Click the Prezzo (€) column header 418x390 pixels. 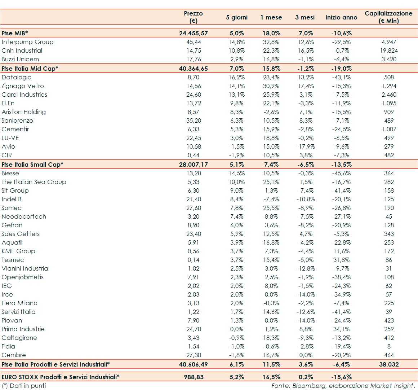tap(193, 17)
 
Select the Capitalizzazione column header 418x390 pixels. tap(388, 17)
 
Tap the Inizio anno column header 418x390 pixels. tap(341, 17)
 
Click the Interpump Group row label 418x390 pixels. tap(27, 42)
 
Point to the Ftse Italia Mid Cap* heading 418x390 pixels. tap(30, 69)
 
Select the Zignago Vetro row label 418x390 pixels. tap(23, 86)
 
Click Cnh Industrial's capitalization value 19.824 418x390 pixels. tap(389, 51)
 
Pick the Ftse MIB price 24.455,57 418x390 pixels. tap(193, 33)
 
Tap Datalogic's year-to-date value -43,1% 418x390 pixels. tap(341, 77)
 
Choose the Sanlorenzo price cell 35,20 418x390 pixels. tap(194, 120)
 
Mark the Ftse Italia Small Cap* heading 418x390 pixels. tap(32, 165)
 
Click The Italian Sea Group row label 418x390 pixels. tap(34, 182)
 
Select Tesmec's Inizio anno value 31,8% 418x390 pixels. tap(341, 260)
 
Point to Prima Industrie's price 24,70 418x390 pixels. tap(194, 329)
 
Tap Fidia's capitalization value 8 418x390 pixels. tap(389, 346)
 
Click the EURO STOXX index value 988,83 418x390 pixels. tap(193, 377)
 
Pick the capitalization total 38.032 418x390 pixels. tap(389, 364)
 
